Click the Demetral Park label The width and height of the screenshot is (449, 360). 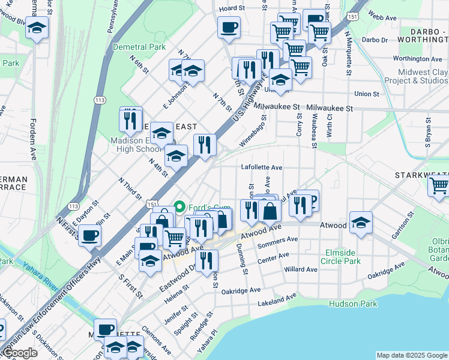(140, 46)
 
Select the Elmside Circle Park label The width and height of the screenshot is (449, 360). (342, 257)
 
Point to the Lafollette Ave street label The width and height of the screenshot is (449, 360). (261, 167)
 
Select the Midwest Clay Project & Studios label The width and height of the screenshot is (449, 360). (415, 76)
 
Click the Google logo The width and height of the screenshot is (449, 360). (19, 353)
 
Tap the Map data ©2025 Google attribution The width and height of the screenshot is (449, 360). (411, 355)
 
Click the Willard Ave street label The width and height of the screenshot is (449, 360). (301, 269)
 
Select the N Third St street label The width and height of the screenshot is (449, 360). (129, 188)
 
